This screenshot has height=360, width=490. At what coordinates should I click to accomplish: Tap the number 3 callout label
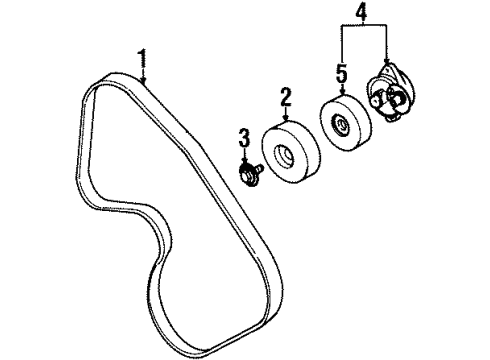pyautogui.click(x=242, y=136)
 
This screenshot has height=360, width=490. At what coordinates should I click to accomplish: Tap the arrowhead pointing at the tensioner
pyautogui.click(x=385, y=66)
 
